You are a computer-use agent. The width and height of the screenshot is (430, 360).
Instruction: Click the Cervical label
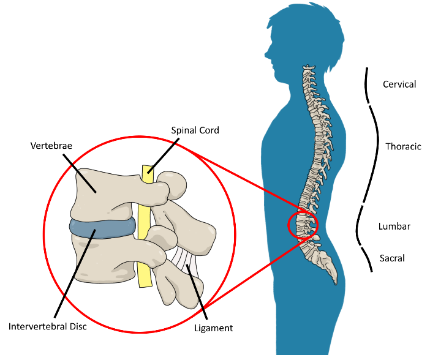point(399,84)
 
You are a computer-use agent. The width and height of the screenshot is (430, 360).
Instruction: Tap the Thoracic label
point(403,146)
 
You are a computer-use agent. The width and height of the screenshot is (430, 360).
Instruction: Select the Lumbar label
point(394,227)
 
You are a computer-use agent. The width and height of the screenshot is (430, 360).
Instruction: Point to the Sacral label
point(392,258)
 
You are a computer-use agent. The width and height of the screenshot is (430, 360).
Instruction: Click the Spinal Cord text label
point(195,130)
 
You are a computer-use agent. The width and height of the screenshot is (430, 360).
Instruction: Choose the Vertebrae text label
point(51,146)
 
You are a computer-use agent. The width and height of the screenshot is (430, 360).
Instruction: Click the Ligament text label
point(213,328)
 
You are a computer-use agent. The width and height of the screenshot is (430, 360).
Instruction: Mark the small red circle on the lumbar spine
point(303,225)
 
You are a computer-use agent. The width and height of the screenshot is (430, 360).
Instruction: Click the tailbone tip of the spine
point(334,283)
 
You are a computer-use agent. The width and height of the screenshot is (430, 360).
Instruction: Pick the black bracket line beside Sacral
point(369,260)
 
